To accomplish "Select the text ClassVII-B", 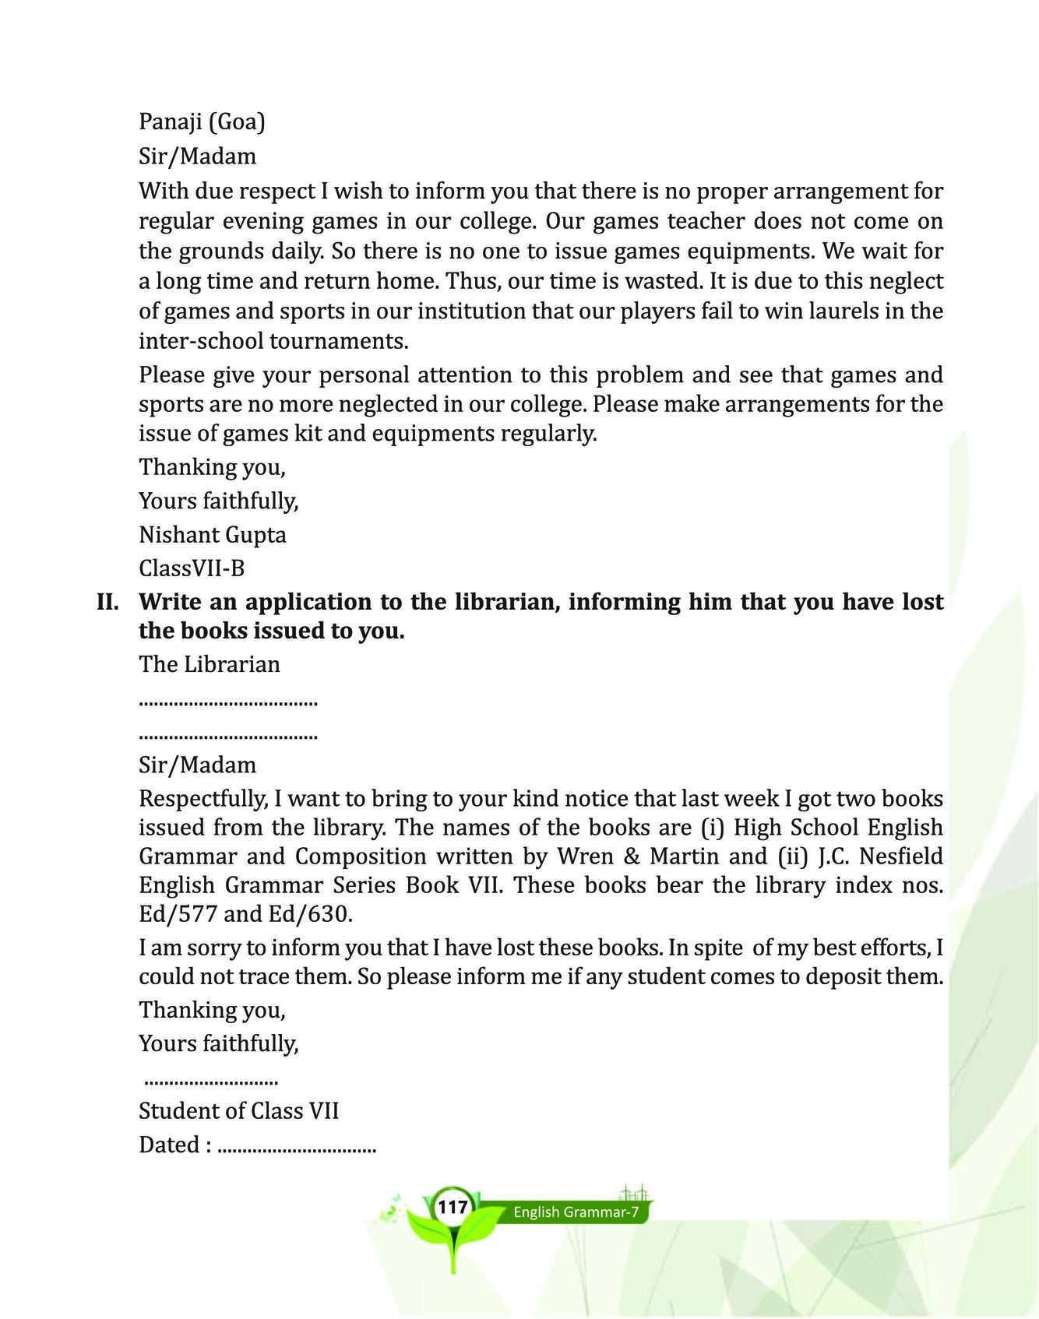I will pos(192,568).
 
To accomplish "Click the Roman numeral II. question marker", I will pos(107,602).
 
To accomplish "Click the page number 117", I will pos(452,1208).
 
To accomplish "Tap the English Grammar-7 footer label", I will pos(576,1212).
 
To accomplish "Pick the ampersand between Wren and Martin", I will pos(632,856).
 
